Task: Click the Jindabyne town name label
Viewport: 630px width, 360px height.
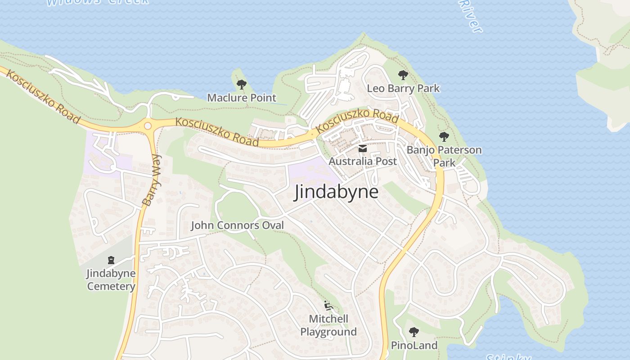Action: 336,192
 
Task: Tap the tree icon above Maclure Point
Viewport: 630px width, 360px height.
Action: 242,84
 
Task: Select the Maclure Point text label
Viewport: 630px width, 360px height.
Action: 242,98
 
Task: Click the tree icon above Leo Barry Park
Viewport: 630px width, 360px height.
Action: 403,75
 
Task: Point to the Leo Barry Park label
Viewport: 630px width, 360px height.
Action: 403,88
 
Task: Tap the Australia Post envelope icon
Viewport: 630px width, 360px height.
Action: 363,148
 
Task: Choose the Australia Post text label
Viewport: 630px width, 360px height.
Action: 363,161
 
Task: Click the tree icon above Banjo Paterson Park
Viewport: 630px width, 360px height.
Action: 444,136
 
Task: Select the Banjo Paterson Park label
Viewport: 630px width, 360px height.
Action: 444,156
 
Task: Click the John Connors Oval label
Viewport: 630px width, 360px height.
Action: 237,225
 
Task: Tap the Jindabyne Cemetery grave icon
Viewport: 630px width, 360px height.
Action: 111,260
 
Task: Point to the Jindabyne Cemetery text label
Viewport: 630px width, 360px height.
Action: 111,279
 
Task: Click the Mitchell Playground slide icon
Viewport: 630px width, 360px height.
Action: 329,306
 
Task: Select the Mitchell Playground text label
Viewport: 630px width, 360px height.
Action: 328,325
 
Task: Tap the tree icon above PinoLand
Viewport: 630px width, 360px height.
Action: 414,333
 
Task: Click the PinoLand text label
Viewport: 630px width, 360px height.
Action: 414,346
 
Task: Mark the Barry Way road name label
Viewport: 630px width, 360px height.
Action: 152,180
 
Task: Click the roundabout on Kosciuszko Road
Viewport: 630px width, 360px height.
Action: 148,126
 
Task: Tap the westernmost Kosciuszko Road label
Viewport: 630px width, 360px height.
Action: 43,97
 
